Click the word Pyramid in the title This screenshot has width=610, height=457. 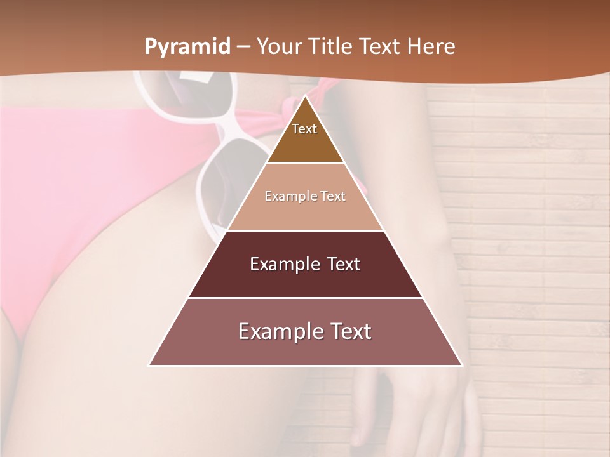tap(187, 47)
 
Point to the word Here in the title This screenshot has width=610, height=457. tap(432, 46)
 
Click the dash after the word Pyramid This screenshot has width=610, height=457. tap(243, 47)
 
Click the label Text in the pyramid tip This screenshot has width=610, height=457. tap(304, 129)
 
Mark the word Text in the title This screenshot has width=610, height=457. tap(381, 46)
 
